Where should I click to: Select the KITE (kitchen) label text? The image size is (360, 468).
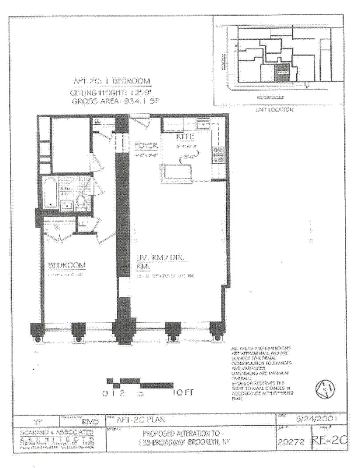coord(185,137)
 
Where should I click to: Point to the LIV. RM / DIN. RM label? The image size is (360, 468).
coord(154,261)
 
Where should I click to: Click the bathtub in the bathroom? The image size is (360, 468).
coord(50,192)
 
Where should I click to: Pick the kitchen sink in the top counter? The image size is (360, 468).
coord(202,124)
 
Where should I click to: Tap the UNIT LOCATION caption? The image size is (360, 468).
coord(274,109)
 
